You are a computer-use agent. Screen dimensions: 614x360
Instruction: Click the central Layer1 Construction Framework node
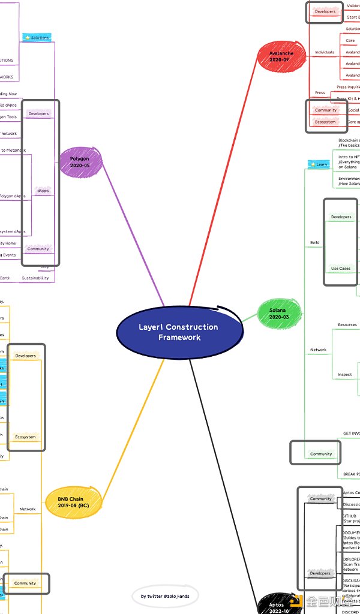[179, 332]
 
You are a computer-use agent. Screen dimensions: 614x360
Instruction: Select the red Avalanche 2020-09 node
[278, 56]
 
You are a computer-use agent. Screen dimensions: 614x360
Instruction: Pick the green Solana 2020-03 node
[278, 313]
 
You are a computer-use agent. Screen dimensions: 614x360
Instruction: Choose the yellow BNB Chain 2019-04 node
[71, 502]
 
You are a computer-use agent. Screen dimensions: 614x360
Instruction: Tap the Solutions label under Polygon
[38, 37]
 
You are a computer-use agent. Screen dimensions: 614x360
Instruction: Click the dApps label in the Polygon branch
[43, 191]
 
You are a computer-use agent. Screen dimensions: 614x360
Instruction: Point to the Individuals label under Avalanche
[325, 52]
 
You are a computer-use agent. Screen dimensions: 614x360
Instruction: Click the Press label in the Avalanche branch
[320, 93]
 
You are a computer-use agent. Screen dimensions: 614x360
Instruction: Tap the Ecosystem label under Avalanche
[326, 122]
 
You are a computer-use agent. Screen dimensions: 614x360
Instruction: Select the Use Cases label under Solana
[341, 268]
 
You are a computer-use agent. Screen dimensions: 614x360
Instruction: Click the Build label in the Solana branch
[315, 243]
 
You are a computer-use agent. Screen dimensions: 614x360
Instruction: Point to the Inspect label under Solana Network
[345, 375]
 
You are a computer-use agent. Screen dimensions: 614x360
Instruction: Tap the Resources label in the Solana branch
[347, 325]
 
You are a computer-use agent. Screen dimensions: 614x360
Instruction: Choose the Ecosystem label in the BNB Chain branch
[26, 437]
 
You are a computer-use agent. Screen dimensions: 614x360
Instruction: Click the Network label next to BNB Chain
[28, 509]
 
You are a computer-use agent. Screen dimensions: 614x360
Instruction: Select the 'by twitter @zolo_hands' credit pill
[165, 596]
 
